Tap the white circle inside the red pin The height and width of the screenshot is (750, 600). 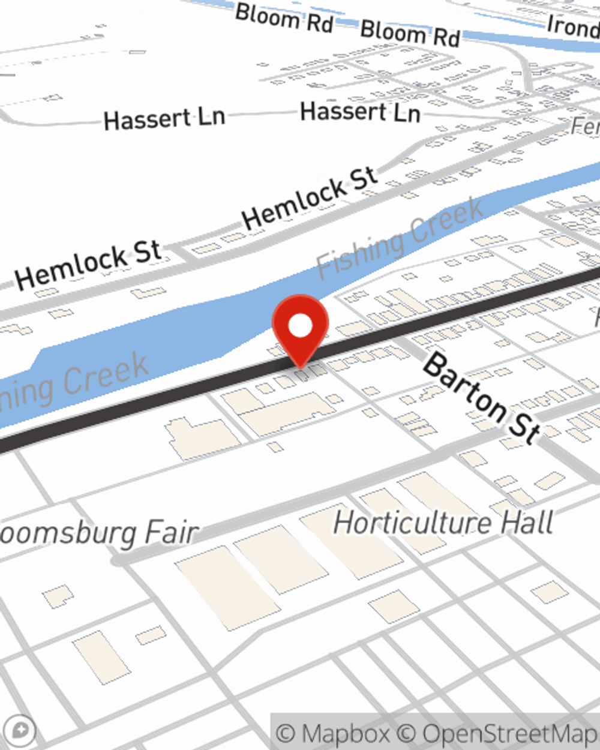[x=300, y=326]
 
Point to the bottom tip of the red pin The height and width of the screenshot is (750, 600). [x=300, y=367]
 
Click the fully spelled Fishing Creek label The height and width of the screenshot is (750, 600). [x=400, y=238]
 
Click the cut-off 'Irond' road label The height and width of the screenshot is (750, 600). [x=573, y=26]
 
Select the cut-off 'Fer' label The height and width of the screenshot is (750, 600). [x=585, y=126]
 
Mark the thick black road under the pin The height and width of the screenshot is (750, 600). [x=150, y=409]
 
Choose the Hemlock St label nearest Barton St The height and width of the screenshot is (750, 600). [x=310, y=198]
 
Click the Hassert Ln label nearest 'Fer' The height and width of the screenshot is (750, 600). [x=360, y=112]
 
